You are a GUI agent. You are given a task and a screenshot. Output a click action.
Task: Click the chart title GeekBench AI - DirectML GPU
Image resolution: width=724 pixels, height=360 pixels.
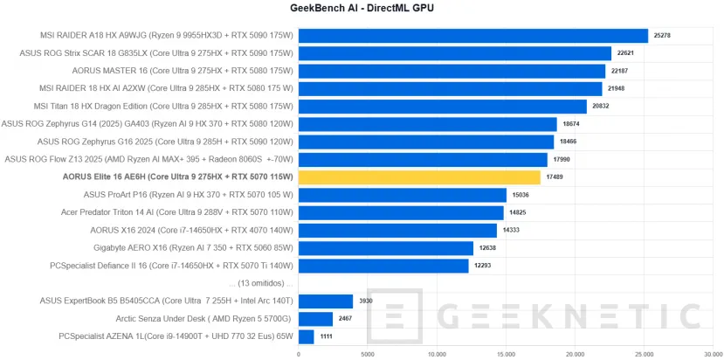(362, 8)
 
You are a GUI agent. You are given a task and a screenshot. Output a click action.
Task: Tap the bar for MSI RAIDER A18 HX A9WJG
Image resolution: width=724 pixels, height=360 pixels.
(472, 36)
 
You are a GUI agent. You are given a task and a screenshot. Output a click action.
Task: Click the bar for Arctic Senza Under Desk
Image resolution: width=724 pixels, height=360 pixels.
(315, 319)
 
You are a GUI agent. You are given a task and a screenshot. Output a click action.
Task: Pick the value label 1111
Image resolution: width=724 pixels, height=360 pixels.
(328, 336)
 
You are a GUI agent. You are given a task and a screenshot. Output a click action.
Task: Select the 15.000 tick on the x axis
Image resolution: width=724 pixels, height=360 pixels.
(506, 354)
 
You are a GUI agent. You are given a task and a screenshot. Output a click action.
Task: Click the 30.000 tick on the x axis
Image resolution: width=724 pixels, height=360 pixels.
(713, 354)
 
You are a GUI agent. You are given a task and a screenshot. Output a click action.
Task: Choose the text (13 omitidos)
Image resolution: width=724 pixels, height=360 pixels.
(259, 284)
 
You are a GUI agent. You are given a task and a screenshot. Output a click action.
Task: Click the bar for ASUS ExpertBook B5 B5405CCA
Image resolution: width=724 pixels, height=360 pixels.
(325, 301)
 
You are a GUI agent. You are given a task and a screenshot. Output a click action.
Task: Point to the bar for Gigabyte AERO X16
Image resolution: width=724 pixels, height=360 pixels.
(385, 248)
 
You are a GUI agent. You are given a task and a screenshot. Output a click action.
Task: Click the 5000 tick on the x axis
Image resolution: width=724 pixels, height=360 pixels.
(368, 354)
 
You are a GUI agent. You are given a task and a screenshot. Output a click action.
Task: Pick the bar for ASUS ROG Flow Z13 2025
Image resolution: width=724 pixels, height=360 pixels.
(423, 159)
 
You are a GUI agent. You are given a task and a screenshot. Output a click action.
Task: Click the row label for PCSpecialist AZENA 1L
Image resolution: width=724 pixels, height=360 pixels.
(176, 336)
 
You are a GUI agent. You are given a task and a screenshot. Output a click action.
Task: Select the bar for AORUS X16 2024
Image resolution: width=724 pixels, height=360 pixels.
(397, 231)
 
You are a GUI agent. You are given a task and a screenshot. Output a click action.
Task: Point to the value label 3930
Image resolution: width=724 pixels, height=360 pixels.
(367, 301)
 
